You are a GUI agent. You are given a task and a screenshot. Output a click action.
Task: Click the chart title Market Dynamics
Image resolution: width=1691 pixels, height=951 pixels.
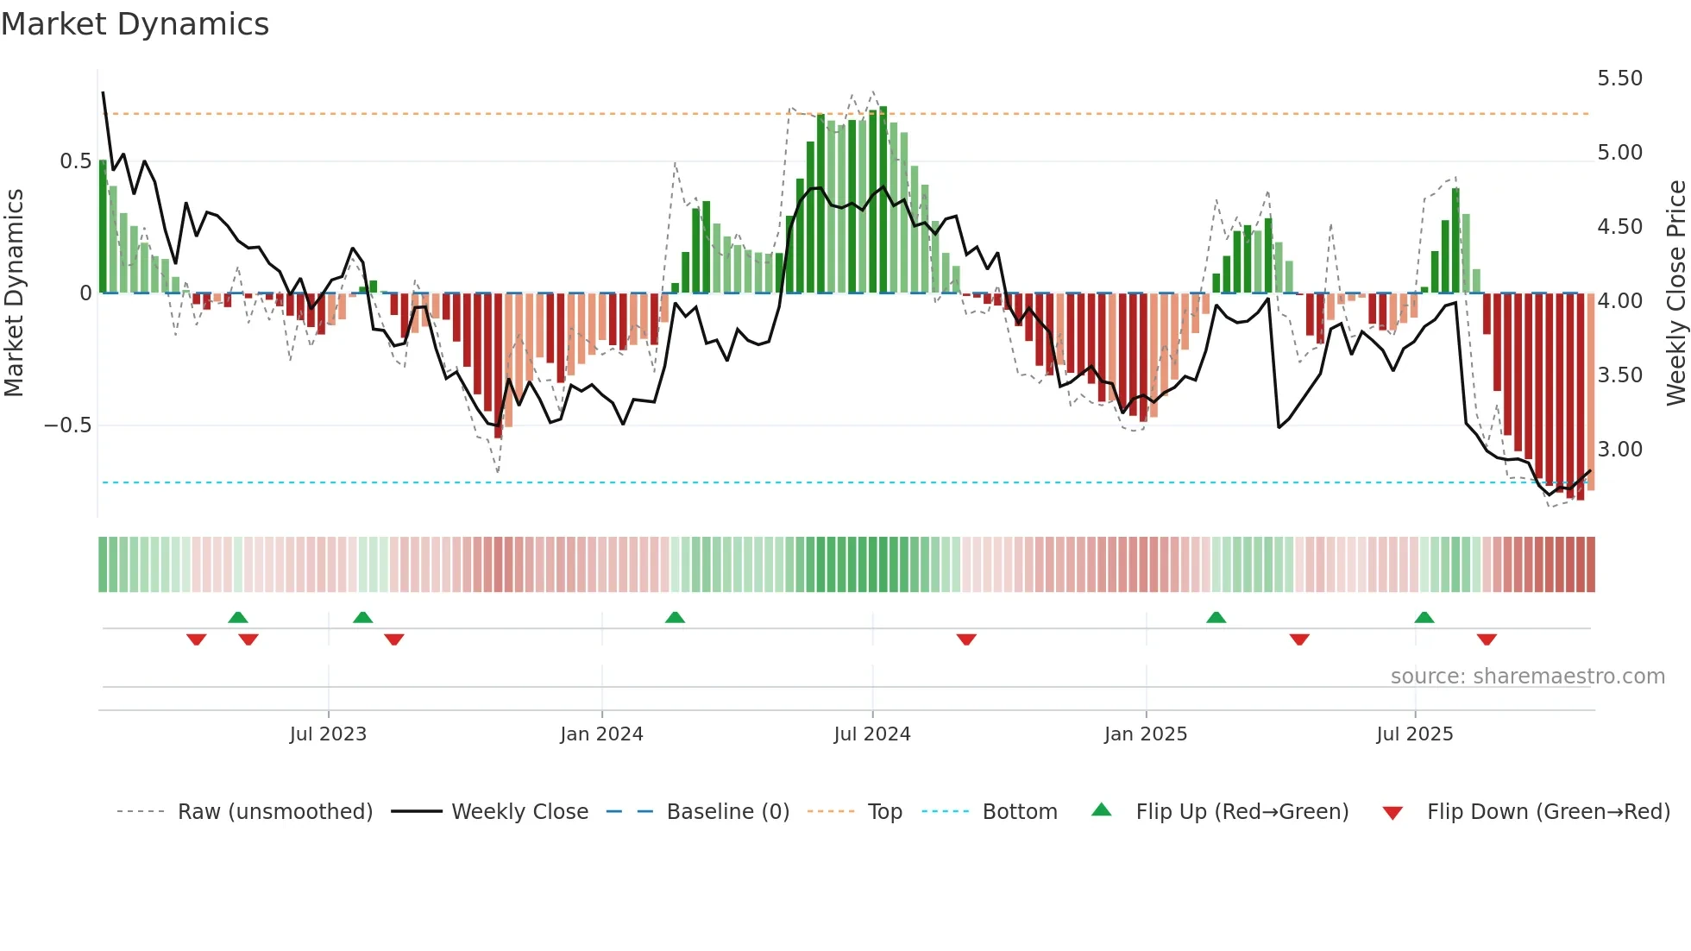click(x=135, y=24)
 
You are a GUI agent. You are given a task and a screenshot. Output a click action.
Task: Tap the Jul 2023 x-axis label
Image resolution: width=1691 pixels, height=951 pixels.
click(x=328, y=734)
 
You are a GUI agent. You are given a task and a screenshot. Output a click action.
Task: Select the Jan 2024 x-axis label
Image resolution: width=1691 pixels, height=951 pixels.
click(x=601, y=734)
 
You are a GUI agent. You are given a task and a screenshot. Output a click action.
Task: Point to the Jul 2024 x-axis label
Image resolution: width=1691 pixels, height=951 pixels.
click(x=872, y=734)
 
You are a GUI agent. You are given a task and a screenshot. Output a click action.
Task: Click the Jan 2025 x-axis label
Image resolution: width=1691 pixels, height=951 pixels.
click(x=1146, y=734)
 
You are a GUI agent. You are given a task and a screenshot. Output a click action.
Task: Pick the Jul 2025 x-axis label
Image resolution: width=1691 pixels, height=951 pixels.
click(x=1415, y=734)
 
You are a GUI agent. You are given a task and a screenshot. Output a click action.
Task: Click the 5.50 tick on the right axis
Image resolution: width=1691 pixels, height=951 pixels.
click(x=1619, y=79)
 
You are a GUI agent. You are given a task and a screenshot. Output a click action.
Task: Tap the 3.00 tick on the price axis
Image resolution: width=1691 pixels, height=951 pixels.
click(x=1619, y=450)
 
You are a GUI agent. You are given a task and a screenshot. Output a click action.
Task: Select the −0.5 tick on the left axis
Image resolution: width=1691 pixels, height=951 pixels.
click(x=67, y=425)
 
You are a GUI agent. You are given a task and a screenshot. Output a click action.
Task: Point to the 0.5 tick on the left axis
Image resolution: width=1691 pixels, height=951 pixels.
click(x=75, y=161)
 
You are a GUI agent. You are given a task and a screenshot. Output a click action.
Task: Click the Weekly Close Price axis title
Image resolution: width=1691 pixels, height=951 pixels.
click(x=1675, y=293)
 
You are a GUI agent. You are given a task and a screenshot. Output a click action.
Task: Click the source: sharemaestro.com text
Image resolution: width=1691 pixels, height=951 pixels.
click(x=1527, y=677)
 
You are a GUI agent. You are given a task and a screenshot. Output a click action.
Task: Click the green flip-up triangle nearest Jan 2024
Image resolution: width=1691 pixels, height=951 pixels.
click(x=675, y=617)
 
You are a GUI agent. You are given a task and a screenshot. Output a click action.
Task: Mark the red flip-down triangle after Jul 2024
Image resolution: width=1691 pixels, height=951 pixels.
click(x=966, y=639)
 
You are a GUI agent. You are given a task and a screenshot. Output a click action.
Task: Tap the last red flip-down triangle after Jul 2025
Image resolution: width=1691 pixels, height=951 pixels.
click(x=1487, y=639)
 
